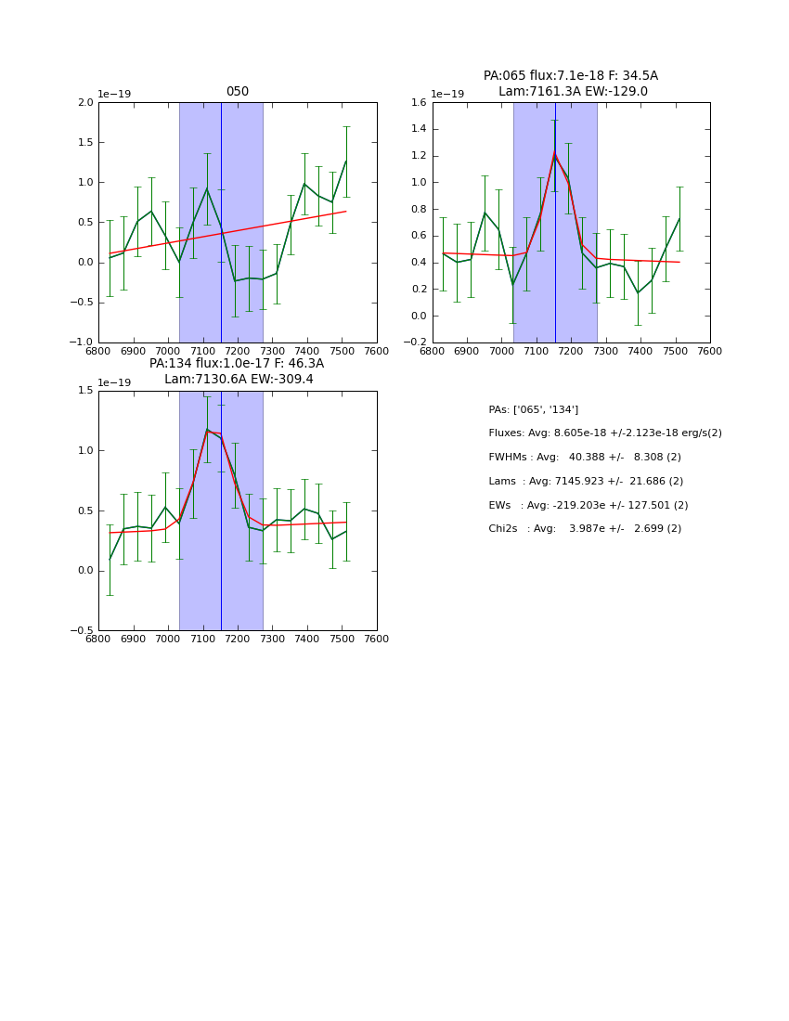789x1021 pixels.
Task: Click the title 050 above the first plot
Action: [x=237, y=92]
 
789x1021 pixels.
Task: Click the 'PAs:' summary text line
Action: [x=533, y=409]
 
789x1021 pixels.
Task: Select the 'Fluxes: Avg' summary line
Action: [x=604, y=433]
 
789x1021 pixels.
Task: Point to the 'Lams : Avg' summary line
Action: [x=585, y=481]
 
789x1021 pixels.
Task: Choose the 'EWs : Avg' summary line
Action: [x=588, y=505]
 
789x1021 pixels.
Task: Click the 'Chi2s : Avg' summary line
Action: [x=584, y=529]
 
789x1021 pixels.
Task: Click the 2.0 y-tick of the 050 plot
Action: [x=85, y=103]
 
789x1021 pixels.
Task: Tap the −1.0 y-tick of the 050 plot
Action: [x=83, y=342]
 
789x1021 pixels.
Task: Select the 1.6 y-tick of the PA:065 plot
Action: [x=420, y=103]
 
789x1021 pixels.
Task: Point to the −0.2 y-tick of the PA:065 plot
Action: [x=417, y=342]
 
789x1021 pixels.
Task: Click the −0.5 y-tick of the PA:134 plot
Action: [x=83, y=631]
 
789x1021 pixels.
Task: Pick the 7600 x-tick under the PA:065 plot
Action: [x=710, y=351]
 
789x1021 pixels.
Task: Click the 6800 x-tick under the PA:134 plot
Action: [x=98, y=640]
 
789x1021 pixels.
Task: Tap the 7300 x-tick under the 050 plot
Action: [x=273, y=351]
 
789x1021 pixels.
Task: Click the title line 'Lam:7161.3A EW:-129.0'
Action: [x=572, y=92]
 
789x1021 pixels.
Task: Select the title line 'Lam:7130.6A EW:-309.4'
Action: [x=238, y=380]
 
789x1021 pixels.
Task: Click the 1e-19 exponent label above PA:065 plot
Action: [x=448, y=95]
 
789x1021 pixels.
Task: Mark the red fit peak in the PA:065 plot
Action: [x=554, y=153]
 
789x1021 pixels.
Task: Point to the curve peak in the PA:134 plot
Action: [x=207, y=429]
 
